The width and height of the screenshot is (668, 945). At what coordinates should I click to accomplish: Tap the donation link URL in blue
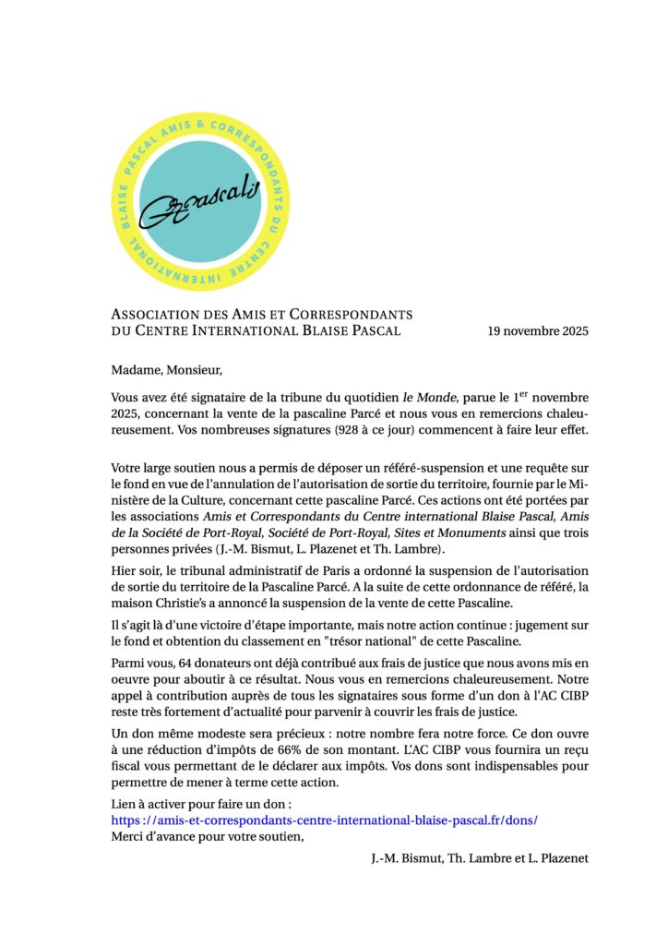point(324,819)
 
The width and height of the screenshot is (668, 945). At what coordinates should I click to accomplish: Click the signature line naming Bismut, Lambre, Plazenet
point(474,858)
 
